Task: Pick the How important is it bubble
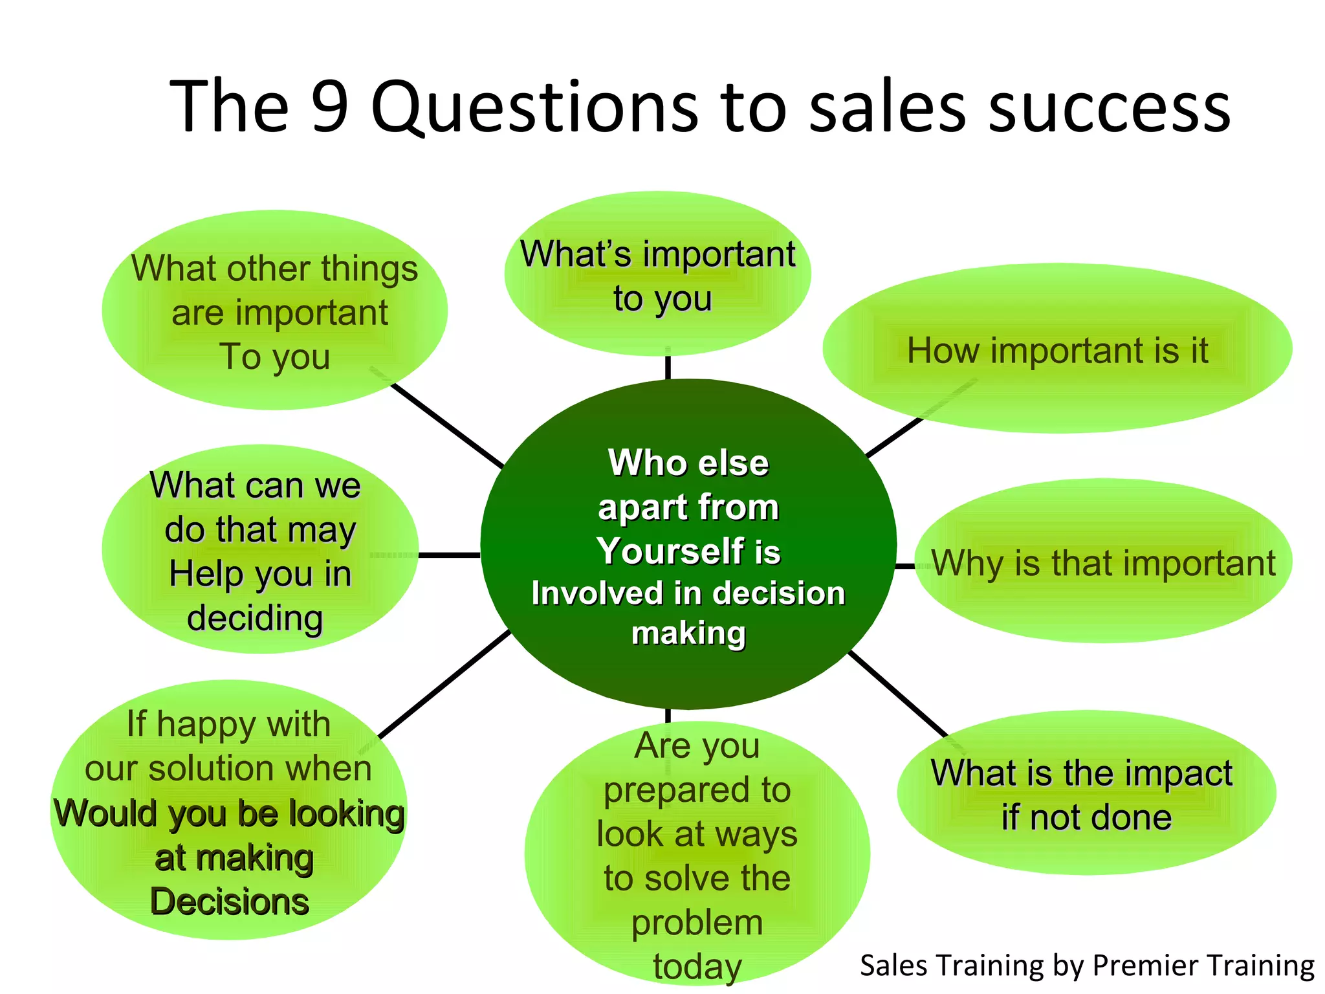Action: (x=1057, y=350)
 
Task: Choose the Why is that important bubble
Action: (x=1103, y=562)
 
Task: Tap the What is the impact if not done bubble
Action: (x=1086, y=795)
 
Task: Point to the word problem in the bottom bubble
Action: (x=697, y=922)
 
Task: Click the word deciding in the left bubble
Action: (x=255, y=618)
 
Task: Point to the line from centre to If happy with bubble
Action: (x=445, y=685)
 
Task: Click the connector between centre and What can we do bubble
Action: (x=449, y=555)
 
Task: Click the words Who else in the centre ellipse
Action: (x=688, y=463)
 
